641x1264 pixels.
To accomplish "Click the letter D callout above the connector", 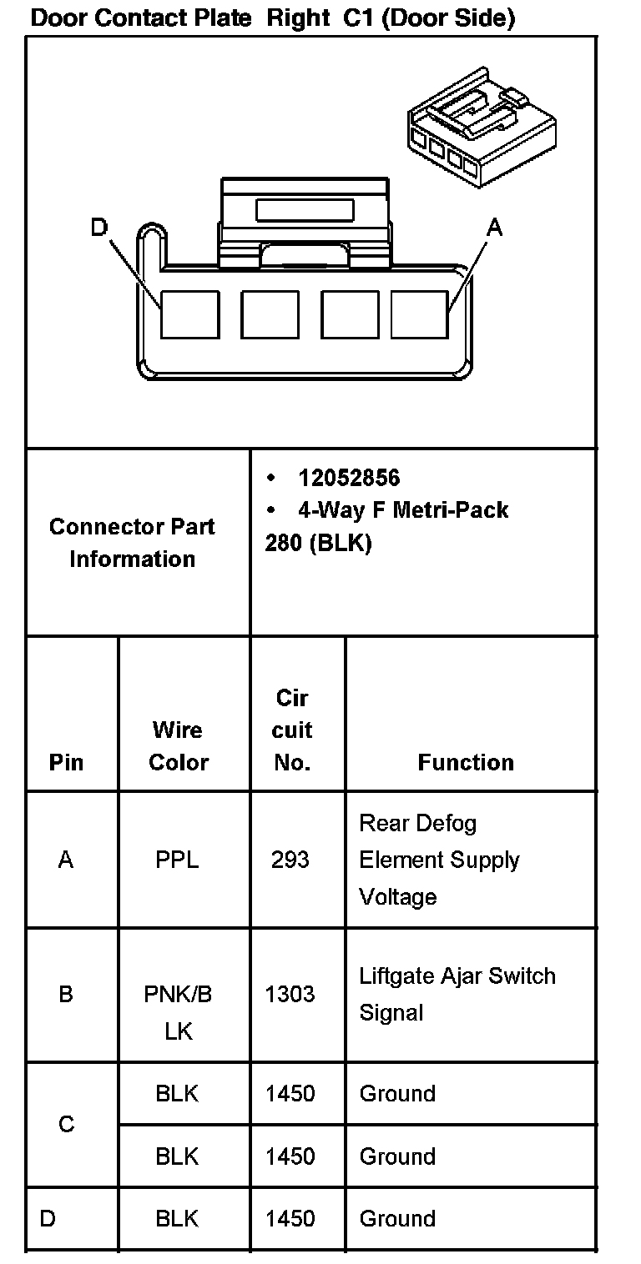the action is (x=99, y=227).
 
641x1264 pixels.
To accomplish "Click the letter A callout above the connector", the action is (x=495, y=227).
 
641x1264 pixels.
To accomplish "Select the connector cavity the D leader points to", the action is (x=189, y=314).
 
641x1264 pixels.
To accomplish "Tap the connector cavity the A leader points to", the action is (x=420, y=314).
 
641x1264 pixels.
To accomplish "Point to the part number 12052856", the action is (x=349, y=478).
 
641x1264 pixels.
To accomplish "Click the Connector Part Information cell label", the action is (x=132, y=543).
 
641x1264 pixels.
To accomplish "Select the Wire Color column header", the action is (x=178, y=746).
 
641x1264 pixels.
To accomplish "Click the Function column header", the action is (x=466, y=762).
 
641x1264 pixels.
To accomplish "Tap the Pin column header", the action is (x=66, y=762).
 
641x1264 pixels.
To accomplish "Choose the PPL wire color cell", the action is (x=177, y=860).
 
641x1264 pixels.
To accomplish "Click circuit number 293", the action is (x=290, y=860).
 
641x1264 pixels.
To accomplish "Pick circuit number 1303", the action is (x=290, y=994).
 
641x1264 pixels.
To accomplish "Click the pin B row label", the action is (x=66, y=994).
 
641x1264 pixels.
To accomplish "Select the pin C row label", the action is (x=66, y=1125).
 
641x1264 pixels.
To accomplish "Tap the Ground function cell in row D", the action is (x=397, y=1219).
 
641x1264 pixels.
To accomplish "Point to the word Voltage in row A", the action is (x=397, y=897).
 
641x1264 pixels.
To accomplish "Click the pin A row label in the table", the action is (x=66, y=860).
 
